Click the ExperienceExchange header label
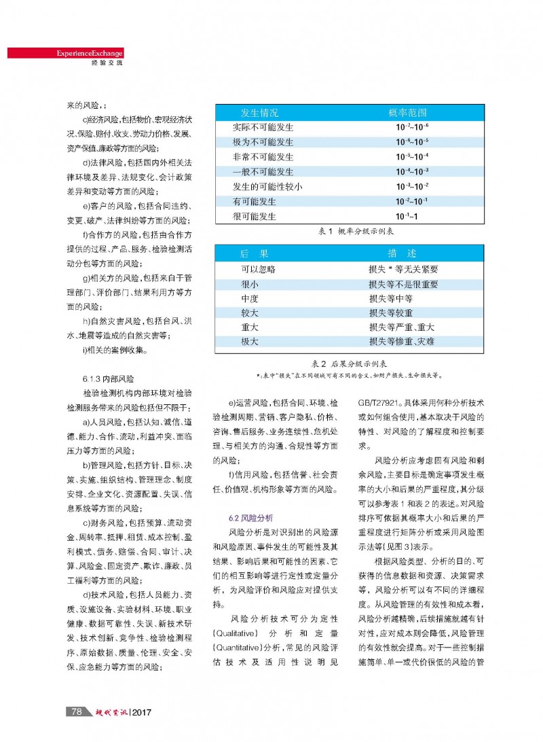coord(90,53)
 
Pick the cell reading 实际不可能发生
coord(263,127)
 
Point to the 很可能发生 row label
coord(255,217)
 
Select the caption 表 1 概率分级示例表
coord(356,231)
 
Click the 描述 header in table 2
coord(402,253)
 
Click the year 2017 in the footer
coord(142,712)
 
